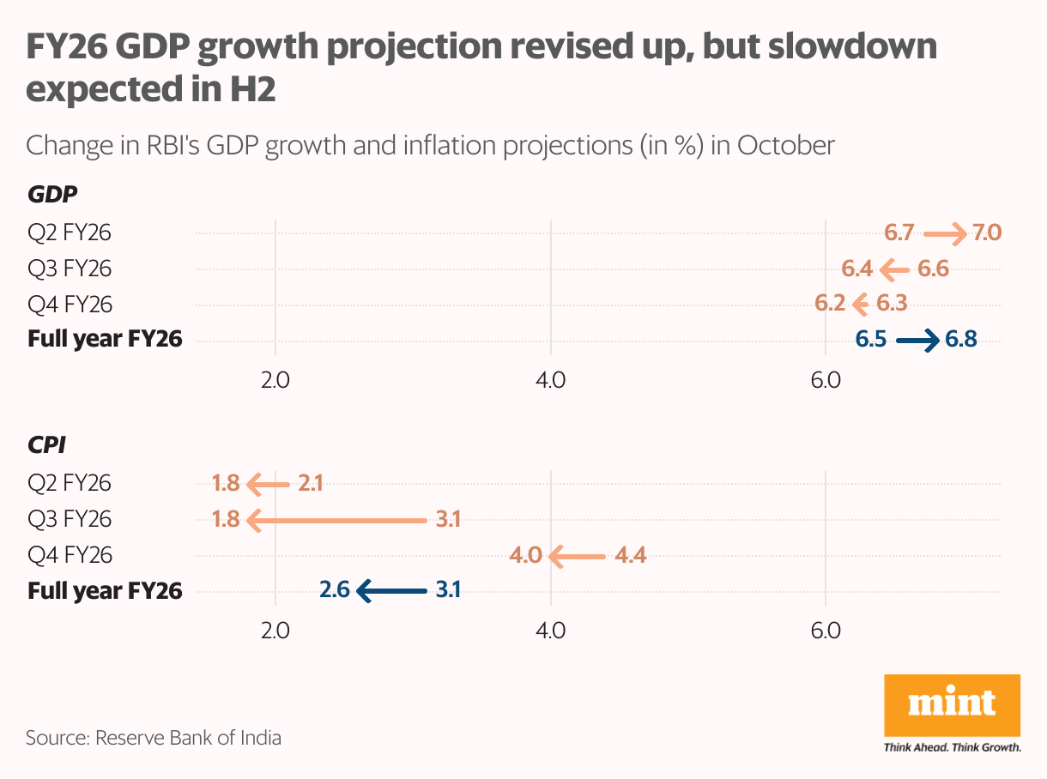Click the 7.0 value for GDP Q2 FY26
[x=987, y=232]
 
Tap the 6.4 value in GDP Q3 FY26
[x=856, y=269]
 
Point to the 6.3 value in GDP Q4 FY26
[x=892, y=304]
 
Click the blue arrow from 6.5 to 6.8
[x=917, y=341]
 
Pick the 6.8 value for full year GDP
[x=960, y=340]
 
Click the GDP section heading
[x=52, y=195]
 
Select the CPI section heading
[x=46, y=445]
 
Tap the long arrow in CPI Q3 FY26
[x=336, y=520]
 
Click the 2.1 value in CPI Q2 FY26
[x=310, y=484]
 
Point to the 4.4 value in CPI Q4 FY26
[x=630, y=556]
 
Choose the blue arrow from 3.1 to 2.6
[x=390, y=591]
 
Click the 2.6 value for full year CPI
[x=335, y=591]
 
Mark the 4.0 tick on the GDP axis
[x=549, y=379]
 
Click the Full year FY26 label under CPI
[x=105, y=591]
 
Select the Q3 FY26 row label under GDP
[x=70, y=269]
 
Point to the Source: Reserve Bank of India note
[x=154, y=737]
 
